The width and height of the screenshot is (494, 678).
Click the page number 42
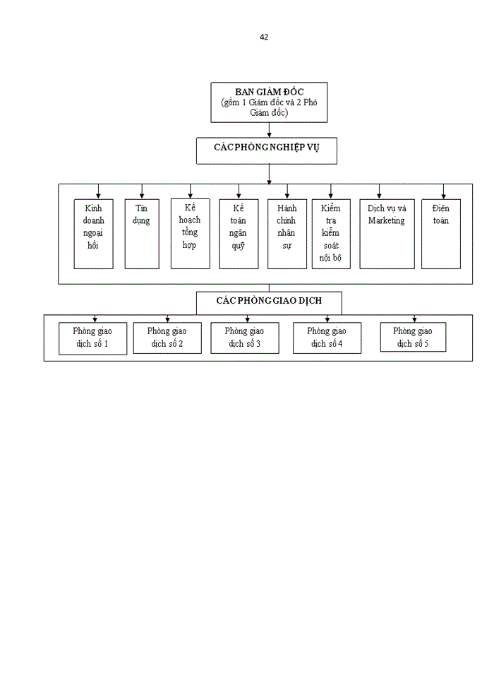264,37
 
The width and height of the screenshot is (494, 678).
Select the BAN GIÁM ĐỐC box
269,102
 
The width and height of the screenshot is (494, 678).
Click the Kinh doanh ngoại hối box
93,233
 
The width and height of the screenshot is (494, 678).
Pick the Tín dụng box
142,233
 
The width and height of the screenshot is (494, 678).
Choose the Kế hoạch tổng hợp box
190,233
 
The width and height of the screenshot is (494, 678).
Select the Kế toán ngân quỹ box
238,233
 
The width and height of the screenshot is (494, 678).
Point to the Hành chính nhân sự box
287,233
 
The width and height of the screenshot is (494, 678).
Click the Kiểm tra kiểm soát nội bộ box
330,233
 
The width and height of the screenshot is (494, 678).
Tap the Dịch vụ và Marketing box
387,233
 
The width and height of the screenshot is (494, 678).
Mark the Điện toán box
440,233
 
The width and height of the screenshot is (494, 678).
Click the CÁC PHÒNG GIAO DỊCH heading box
269,302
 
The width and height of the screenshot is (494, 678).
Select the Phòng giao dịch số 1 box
93,338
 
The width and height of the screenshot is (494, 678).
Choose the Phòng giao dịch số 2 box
167,338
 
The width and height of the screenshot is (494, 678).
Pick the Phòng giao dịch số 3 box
244,338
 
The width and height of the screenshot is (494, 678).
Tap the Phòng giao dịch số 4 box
327,338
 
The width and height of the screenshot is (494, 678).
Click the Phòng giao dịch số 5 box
413,337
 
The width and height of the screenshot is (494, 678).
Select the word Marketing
386,221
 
